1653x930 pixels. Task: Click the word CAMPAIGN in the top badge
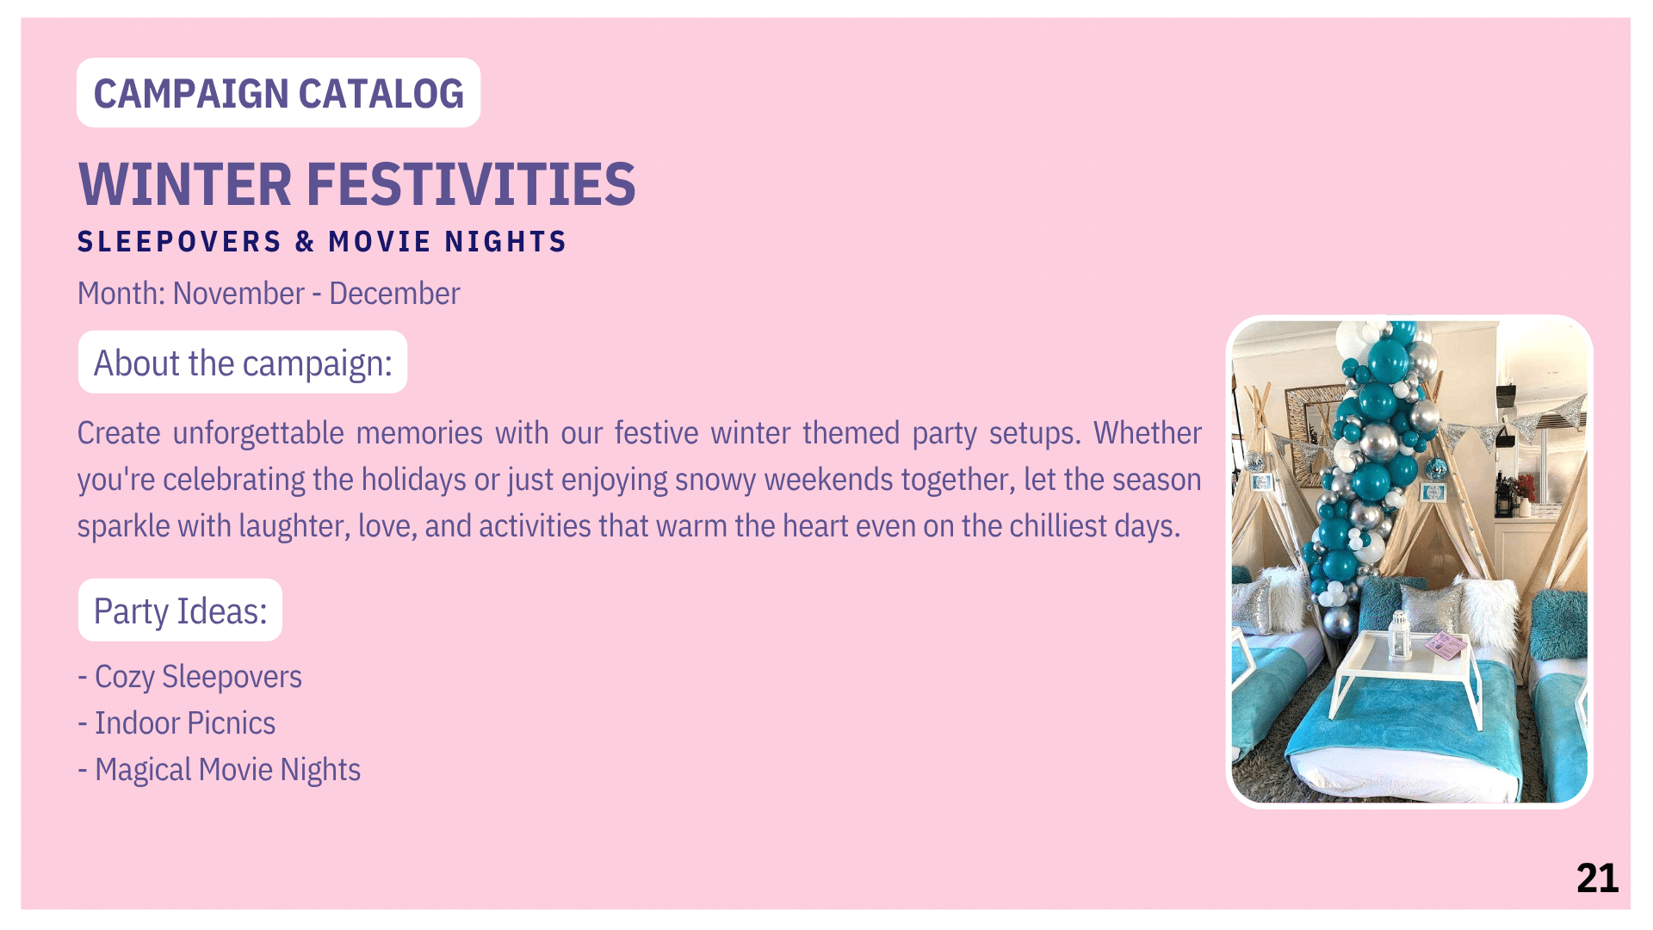tap(191, 94)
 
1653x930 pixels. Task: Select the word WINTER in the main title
tap(185, 184)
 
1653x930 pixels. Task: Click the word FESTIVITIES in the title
tap(471, 184)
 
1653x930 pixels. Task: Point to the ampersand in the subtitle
tap(305, 242)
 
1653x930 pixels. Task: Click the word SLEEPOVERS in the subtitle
tap(179, 242)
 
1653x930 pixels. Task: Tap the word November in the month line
tap(238, 294)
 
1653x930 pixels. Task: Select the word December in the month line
tap(394, 294)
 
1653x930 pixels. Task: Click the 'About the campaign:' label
tap(243, 363)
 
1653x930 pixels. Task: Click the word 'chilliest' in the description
tap(1058, 526)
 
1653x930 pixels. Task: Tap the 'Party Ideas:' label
tap(181, 611)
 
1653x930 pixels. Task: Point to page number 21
tap(1597, 878)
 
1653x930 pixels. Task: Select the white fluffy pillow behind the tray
tap(1490, 613)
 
